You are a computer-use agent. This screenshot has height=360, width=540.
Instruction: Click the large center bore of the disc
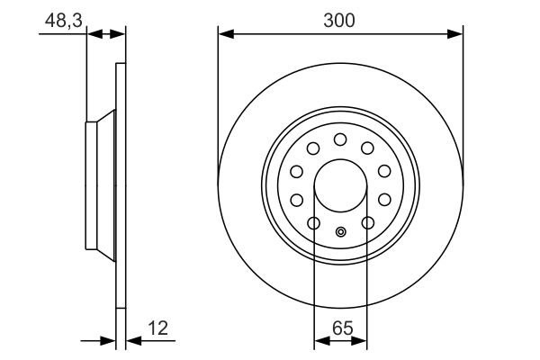coord(340,187)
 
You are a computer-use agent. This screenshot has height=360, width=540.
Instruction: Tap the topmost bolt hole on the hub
coord(340,139)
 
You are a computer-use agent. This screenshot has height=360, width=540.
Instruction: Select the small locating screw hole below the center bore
coord(340,233)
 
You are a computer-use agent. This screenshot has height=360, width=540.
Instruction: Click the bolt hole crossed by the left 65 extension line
coord(314,222)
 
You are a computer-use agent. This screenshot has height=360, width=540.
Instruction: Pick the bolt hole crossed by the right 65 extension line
coord(367,222)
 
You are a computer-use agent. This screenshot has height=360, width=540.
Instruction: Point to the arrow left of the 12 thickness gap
coord(110,341)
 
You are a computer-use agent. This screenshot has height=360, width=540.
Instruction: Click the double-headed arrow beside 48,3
coord(106,34)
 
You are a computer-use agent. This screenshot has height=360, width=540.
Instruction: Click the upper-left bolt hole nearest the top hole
coord(313,148)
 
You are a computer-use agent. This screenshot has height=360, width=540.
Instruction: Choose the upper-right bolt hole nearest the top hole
coord(367,148)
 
